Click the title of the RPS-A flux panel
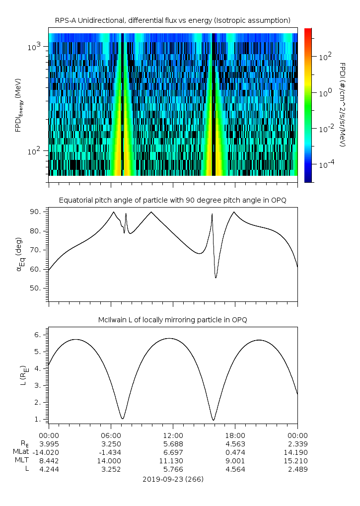tap(173, 20)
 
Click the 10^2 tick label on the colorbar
tap(325, 57)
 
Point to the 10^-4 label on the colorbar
tap(326, 164)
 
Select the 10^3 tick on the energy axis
tap(34, 47)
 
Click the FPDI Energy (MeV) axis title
tap(18, 105)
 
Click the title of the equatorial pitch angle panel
tap(173, 200)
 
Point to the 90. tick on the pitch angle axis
tap(35, 212)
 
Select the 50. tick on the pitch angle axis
tap(35, 288)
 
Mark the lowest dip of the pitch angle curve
tap(216, 278)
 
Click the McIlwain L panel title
tap(173, 320)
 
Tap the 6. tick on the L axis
tap(38, 335)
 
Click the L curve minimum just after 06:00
tap(122, 419)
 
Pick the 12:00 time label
tap(173, 435)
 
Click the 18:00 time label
tap(235, 435)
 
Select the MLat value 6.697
tap(173, 452)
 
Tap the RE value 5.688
tap(173, 444)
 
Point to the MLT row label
tap(22, 460)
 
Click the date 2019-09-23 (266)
tap(173, 479)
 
